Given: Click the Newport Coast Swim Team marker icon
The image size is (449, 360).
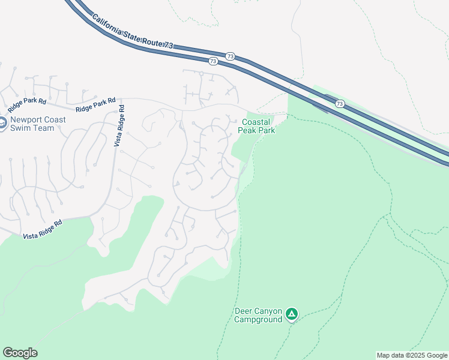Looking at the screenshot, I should pos(2,124).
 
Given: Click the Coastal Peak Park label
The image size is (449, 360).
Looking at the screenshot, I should pos(256,125).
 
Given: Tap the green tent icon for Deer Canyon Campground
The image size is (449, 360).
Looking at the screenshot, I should pos(291,313).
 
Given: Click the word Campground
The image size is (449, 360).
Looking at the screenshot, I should pos(258,319).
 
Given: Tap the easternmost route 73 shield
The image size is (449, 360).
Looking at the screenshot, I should pos(340,104).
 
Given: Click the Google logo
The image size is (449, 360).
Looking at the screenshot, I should pos(20,353).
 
